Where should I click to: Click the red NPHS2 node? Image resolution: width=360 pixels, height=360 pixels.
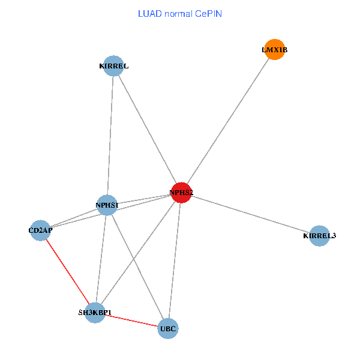[x=181, y=193]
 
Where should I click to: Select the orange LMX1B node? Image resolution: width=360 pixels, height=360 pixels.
[x=274, y=50]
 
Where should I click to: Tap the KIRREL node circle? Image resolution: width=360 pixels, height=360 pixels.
[x=113, y=66]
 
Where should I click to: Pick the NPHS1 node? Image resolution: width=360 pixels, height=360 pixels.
[x=107, y=205]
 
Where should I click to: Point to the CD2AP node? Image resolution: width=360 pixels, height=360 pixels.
[x=40, y=230]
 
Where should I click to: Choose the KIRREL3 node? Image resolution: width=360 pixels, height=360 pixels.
[x=319, y=236]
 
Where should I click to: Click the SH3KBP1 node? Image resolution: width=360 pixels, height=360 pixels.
[x=95, y=313]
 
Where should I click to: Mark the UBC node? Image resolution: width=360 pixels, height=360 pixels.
[x=168, y=328]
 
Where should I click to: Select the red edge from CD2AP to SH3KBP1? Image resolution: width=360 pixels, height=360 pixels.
[x=67, y=271]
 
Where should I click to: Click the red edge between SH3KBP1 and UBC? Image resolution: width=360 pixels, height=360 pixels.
[x=132, y=320]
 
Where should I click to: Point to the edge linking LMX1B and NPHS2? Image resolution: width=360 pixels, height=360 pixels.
[x=228, y=121]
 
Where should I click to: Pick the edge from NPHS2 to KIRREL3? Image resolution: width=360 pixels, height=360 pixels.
[x=250, y=214]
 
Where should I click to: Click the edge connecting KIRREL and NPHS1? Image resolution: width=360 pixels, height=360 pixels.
[x=110, y=136]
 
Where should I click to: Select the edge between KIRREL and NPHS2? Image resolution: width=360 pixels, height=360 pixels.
[x=147, y=129]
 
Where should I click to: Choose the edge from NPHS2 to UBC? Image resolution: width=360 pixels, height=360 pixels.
[x=175, y=260]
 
